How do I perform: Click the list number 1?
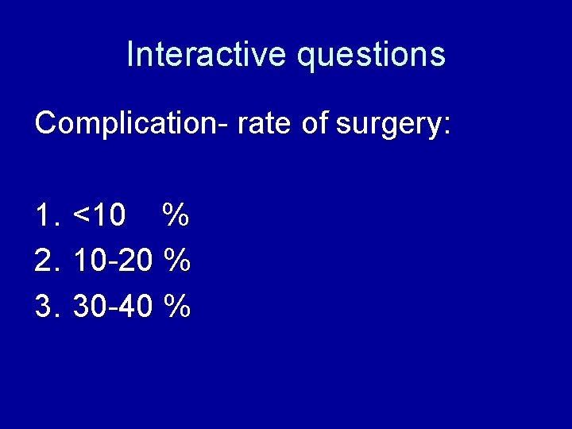tap(46, 214)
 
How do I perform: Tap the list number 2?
tap(46, 260)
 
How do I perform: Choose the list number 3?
tap(46, 305)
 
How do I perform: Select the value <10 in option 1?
tap(99, 214)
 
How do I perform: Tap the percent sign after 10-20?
tap(176, 260)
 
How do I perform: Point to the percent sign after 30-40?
tap(176, 305)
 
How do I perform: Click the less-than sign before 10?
tap(81, 215)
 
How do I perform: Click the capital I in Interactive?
tap(130, 54)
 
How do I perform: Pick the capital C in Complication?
tap(46, 123)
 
